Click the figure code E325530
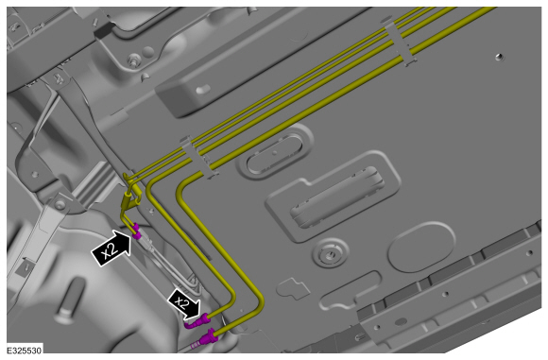point(25,351)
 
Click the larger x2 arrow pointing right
point(111,248)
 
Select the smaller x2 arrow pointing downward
point(184,303)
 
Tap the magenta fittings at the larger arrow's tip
point(137,231)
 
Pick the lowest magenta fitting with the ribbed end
point(206,338)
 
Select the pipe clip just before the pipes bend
point(199,156)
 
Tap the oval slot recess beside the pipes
point(274,154)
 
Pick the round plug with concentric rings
point(329,255)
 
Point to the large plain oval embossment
point(421,247)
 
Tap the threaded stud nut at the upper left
point(133,60)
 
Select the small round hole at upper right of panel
point(500,57)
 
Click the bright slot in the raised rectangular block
point(203,90)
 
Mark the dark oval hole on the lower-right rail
point(401,321)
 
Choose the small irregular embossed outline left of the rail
point(293,287)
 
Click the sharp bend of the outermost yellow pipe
point(182,189)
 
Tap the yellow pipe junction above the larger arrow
point(130,197)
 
